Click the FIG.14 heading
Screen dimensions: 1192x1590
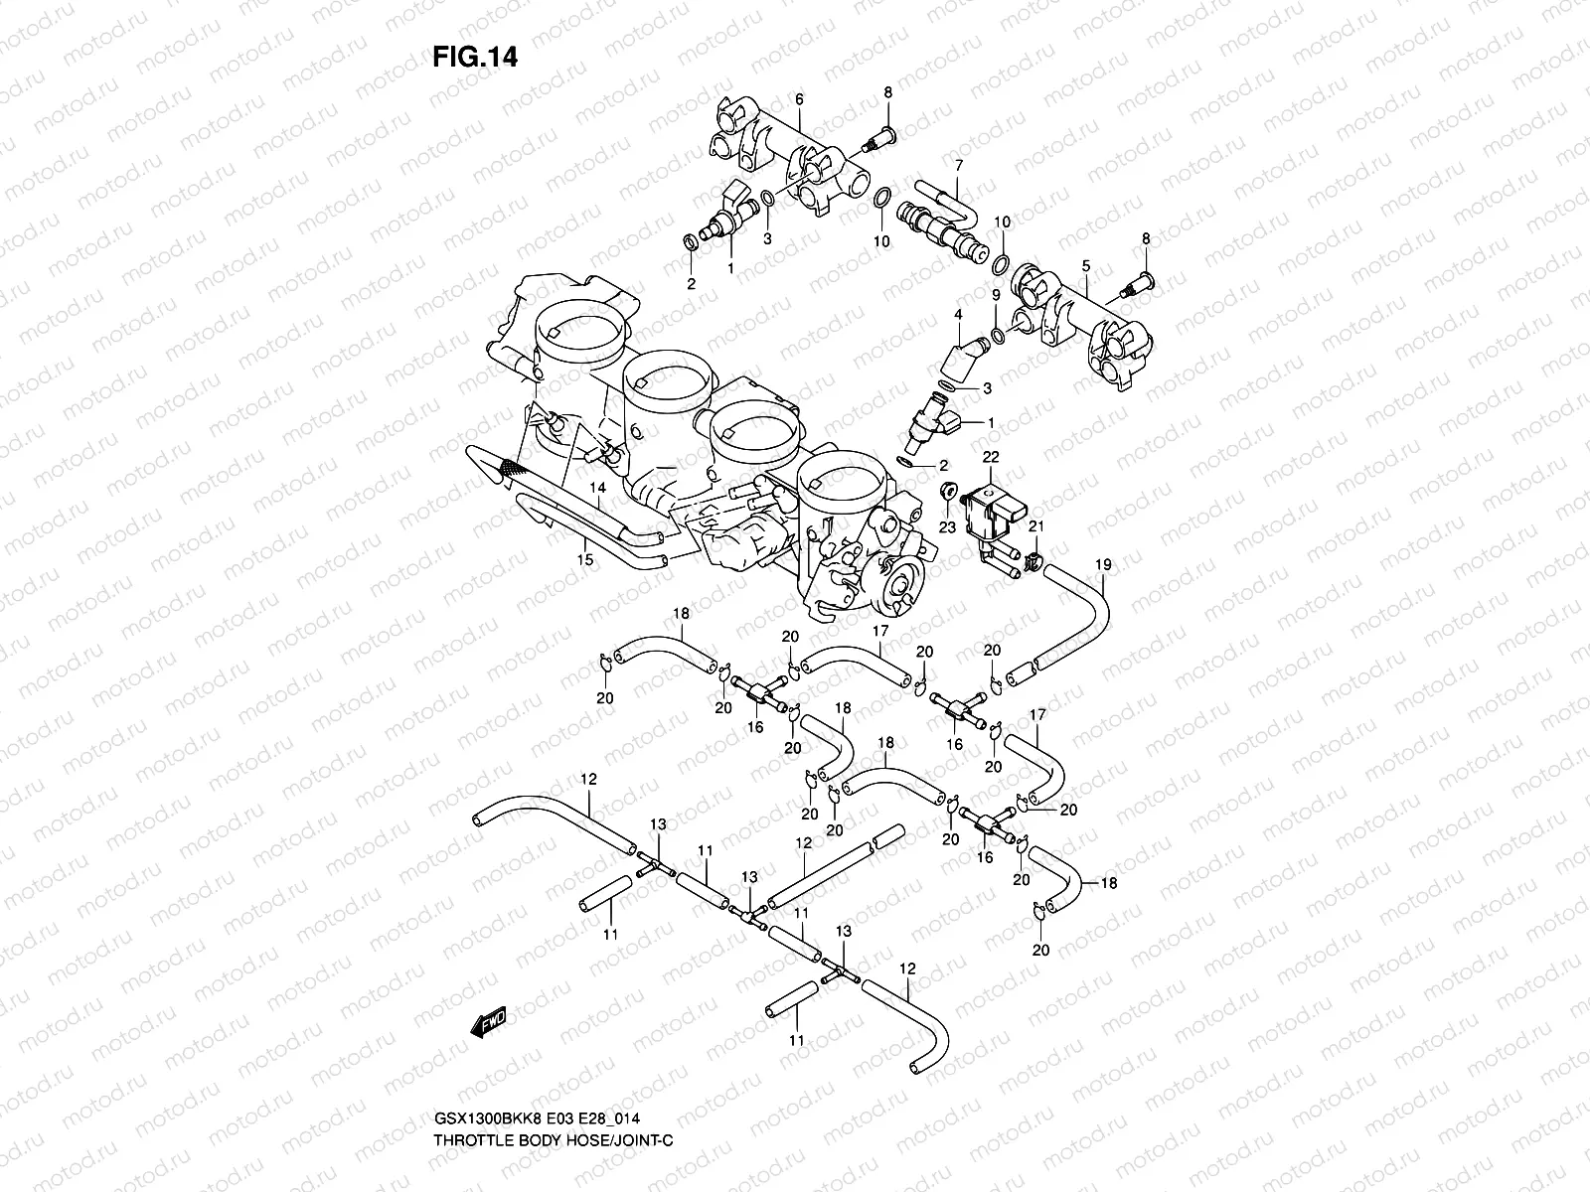click(x=474, y=57)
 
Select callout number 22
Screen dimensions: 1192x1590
click(x=990, y=456)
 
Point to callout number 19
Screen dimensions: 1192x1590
click(x=1103, y=565)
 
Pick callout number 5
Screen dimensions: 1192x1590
click(x=1086, y=265)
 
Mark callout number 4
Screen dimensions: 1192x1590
click(x=958, y=314)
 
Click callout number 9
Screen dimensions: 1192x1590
click(x=995, y=295)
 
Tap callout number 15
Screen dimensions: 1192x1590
click(x=585, y=560)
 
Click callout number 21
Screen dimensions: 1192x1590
click(x=1034, y=525)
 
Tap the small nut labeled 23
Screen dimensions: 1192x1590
click(x=949, y=492)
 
